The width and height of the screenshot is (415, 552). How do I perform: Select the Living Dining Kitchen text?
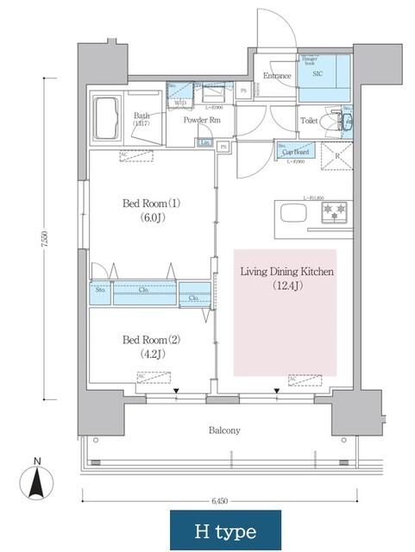click(286, 272)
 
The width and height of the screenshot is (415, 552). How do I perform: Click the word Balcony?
click(223, 430)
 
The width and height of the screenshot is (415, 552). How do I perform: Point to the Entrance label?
click(277, 76)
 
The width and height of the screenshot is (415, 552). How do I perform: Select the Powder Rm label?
click(202, 120)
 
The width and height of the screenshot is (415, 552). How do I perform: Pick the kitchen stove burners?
click(334, 210)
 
